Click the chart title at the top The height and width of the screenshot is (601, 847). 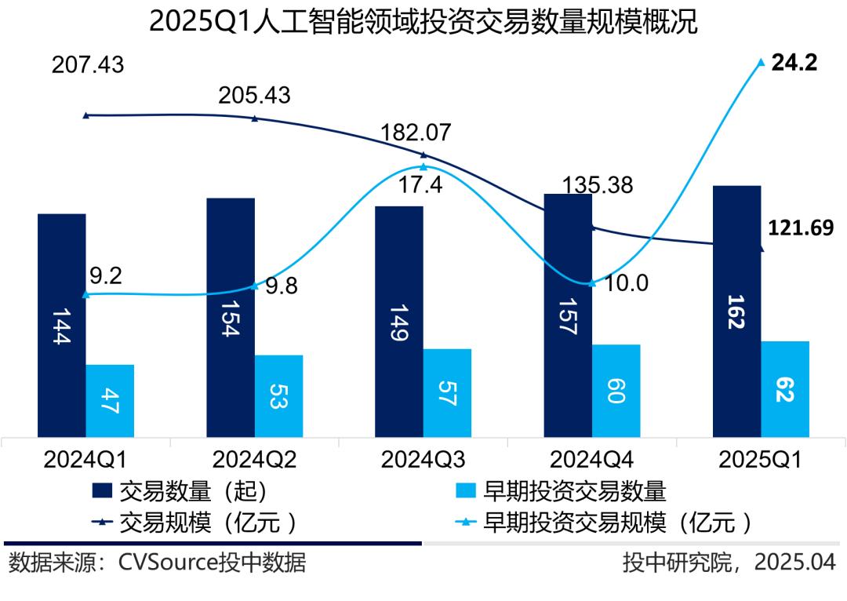pos(423,21)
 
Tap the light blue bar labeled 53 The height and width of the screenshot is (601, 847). pos(278,396)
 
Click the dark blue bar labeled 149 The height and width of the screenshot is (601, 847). pos(399,322)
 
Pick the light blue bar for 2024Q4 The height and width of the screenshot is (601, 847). pos(616,391)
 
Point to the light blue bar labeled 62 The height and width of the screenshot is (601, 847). pos(785,389)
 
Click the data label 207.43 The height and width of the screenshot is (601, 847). pos(88,65)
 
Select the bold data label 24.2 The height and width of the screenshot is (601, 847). pos(794,63)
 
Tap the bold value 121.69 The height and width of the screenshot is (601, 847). pos(800,229)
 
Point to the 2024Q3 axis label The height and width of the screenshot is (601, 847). pos(423,459)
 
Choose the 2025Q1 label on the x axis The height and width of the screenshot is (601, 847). pos(760,459)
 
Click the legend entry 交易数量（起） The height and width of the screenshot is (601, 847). pos(181,491)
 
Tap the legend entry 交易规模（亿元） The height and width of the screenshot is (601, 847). pos(195,522)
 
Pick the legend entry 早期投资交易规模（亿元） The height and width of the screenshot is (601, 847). pos(605,522)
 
